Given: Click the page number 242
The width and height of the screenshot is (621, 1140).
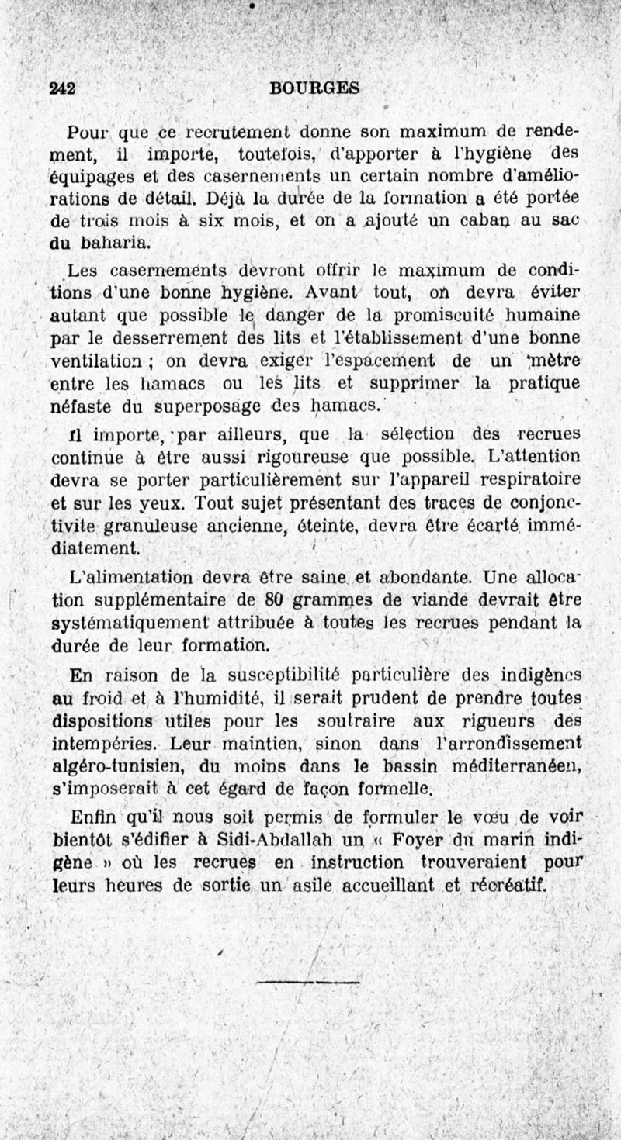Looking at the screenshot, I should [x=61, y=88].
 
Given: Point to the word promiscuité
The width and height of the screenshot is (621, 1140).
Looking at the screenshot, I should [x=474, y=316].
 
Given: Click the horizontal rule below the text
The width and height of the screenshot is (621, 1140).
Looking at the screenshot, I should [x=308, y=983].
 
